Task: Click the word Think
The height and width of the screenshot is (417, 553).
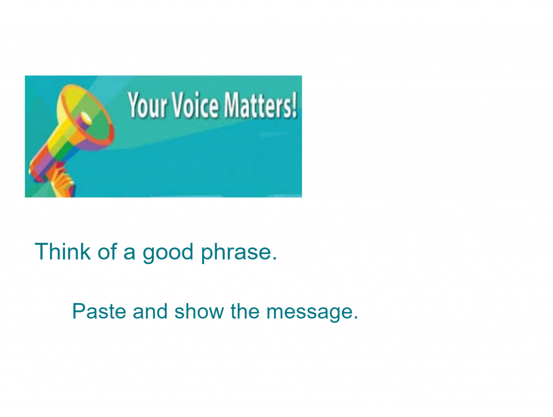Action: (x=63, y=252)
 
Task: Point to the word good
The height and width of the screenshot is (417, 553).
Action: (x=168, y=253)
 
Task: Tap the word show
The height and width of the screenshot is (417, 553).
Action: (x=199, y=311)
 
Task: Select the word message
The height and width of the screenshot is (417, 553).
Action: (x=308, y=313)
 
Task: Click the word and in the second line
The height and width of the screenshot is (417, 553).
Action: (x=150, y=311)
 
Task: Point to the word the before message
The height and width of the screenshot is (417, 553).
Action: (x=245, y=311)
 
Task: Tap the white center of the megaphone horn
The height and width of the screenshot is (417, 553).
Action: (x=86, y=118)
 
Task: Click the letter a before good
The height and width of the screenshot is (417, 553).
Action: (x=129, y=254)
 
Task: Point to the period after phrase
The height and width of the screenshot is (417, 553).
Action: (x=274, y=259)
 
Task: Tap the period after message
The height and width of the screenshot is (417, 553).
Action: (x=355, y=318)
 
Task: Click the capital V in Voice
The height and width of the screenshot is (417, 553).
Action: (x=180, y=104)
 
